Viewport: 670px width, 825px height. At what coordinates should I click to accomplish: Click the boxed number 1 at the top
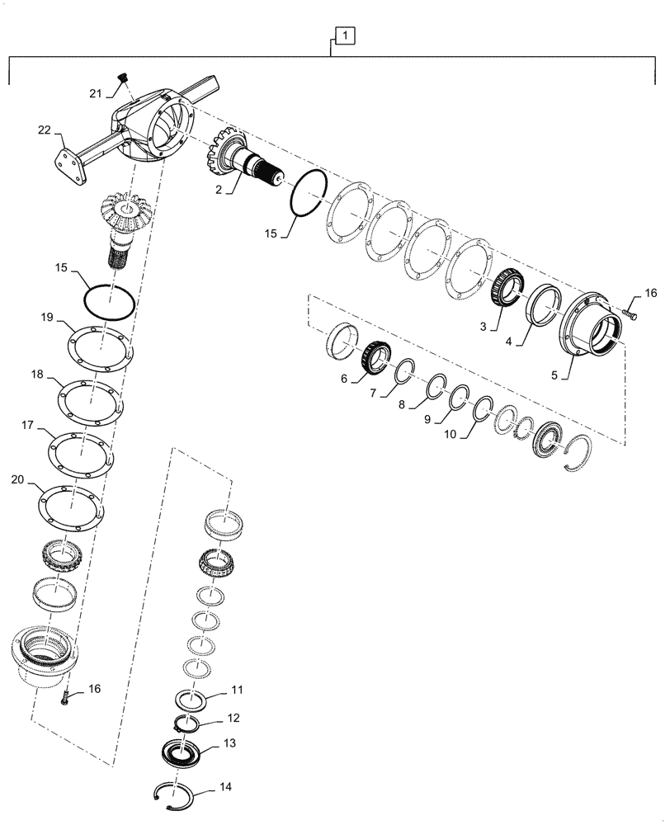point(345,35)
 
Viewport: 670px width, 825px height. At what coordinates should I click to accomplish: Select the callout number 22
point(45,130)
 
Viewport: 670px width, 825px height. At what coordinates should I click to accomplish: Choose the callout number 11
point(237,688)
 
